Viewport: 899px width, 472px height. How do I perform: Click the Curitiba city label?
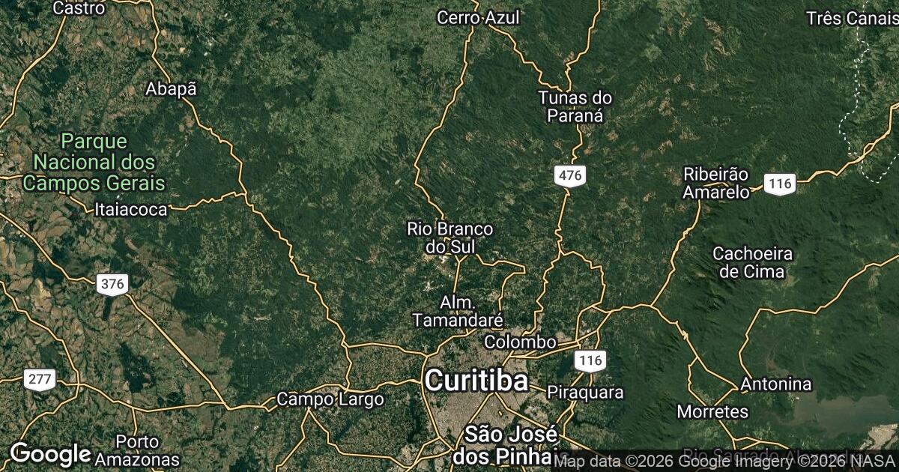(x=476, y=381)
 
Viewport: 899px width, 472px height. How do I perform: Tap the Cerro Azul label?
(x=478, y=17)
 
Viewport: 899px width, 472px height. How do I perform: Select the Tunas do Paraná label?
(x=575, y=106)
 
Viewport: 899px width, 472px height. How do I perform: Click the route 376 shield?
(x=112, y=284)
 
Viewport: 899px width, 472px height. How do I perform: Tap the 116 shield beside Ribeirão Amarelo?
(x=780, y=183)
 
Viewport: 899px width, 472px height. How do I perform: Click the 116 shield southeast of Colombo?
(x=590, y=361)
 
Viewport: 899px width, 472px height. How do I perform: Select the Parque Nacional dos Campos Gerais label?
(x=94, y=162)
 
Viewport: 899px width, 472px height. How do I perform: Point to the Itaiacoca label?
(x=131, y=210)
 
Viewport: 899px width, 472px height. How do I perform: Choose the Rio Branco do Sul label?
(x=449, y=237)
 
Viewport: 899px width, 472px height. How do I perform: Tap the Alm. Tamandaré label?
(x=457, y=311)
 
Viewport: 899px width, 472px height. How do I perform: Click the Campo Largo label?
(x=330, y=399)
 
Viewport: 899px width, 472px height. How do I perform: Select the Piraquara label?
(x=585, y=392)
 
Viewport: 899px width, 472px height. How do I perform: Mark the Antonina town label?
(x=775, y=384)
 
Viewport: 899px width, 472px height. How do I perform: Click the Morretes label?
(x=712, y=411)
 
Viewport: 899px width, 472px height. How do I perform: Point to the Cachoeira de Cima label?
(x=751, y=262)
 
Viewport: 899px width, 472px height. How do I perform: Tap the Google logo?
(x=50, y=454)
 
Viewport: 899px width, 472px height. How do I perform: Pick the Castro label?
(x=79, y=8)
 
